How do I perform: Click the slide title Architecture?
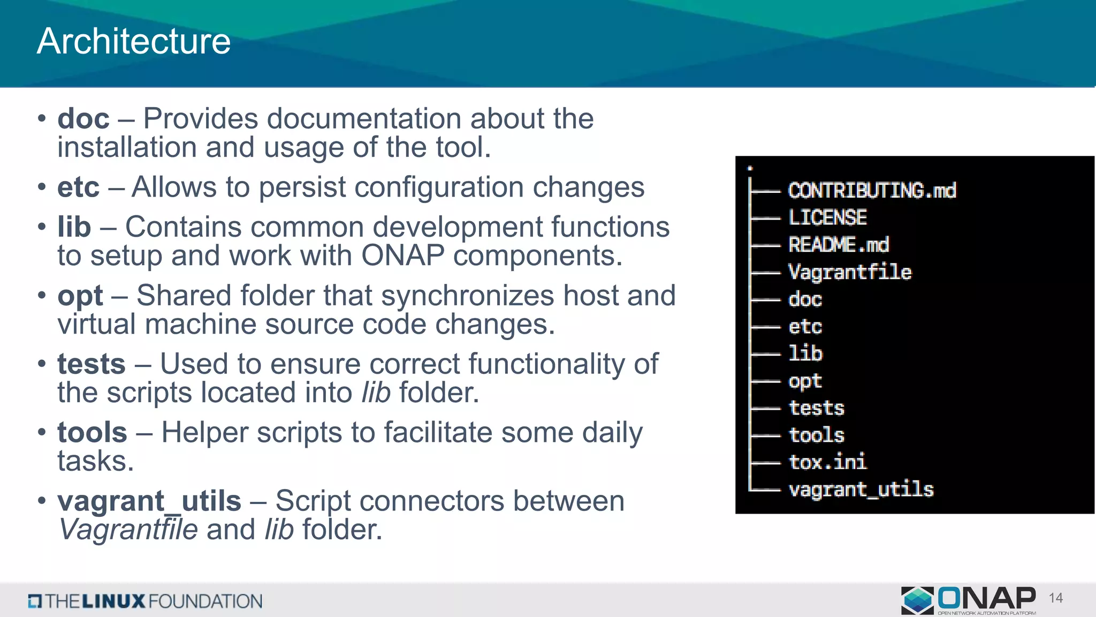[134, 41]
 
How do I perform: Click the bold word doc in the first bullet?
[83, 118]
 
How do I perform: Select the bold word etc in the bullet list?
[78, 187]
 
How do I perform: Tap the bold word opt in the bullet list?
[80, 296]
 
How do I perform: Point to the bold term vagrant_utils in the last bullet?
[149, 501]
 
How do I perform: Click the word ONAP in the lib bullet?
[403, 255]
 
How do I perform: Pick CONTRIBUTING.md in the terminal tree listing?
[872, 191]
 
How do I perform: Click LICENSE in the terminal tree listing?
[827, 217]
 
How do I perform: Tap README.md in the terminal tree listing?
[838, 245]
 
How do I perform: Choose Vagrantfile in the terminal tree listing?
[850, 272]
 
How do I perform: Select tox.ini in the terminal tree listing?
[827, 462]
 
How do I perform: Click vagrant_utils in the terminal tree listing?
[861, 490]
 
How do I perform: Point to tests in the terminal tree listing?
[817, 408]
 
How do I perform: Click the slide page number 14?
[1056, 598]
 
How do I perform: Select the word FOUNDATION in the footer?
[205, 601]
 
